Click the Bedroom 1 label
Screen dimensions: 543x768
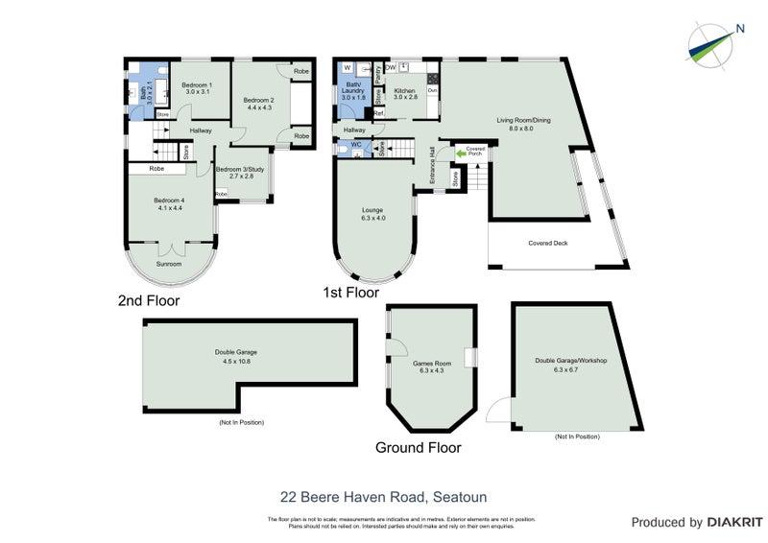pos(197,88)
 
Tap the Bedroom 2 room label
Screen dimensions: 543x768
pos(258,104)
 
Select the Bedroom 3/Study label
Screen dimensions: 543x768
pos(234,174)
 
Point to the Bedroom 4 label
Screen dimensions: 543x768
pos(169,204)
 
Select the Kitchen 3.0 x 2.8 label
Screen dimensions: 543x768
pos(405,94)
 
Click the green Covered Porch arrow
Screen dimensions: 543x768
pos(460,152)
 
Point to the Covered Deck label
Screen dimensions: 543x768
pos(548,244)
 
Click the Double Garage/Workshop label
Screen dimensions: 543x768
pos(571,365)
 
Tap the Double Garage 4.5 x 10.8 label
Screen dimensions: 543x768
pos(235,356)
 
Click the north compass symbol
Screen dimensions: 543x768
pos(715,42)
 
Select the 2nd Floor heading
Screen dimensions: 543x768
pos(149,300)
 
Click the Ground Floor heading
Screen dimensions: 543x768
pos(418,448)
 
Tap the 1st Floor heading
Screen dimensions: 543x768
pos(351,293)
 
